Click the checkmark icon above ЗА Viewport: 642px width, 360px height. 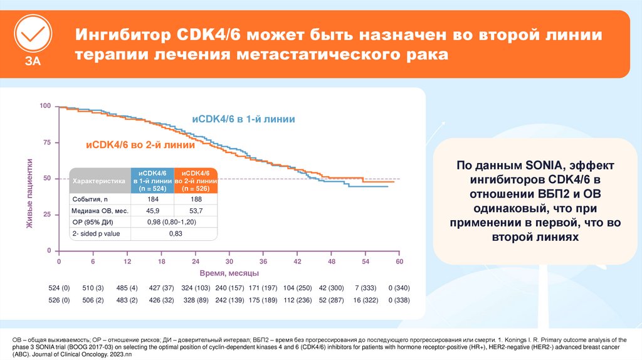tap(32, 32)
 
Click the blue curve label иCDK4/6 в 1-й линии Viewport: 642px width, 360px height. tap(243, 119)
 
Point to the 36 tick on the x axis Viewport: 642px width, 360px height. tap(263, 261)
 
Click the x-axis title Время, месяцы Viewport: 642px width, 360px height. tap(229, 273)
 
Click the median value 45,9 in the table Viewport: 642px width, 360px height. tap(152, 210)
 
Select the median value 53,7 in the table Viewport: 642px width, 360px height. tap(195, 210)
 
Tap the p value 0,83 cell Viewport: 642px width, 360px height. tap(174, 233)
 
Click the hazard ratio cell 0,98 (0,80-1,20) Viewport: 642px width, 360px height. tap(174, 222)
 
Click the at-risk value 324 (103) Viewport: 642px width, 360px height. tap(195, 288)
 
